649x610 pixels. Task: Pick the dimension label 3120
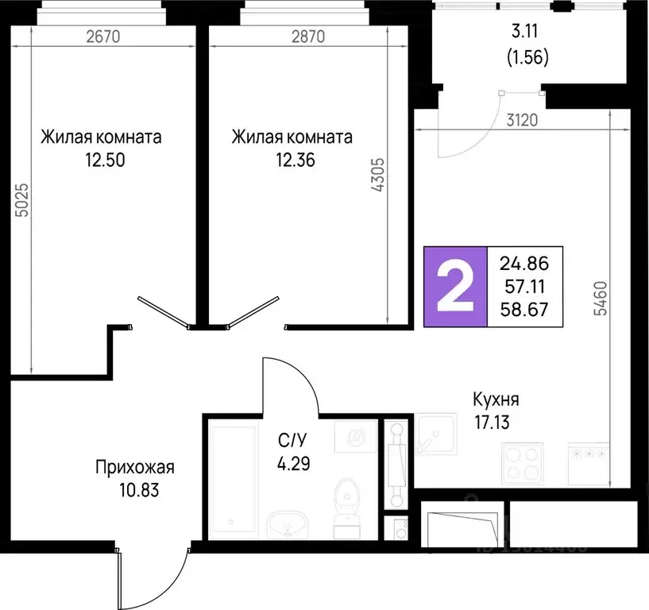click(523, 121)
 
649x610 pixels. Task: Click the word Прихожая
click(133, 467)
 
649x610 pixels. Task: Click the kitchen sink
click(435, 435)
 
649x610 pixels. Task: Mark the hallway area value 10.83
click(137, 490)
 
